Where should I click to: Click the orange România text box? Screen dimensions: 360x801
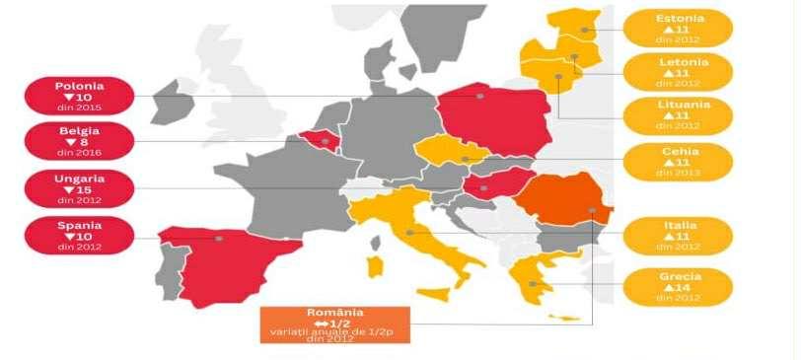tap(333, 324)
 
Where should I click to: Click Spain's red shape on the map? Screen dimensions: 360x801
tap(222, 261)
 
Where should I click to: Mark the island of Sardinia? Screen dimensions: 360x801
tap(375, 266)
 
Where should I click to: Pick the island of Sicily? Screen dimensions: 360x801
tap(434, 294)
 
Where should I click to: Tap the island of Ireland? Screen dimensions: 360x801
tap(175, 104)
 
